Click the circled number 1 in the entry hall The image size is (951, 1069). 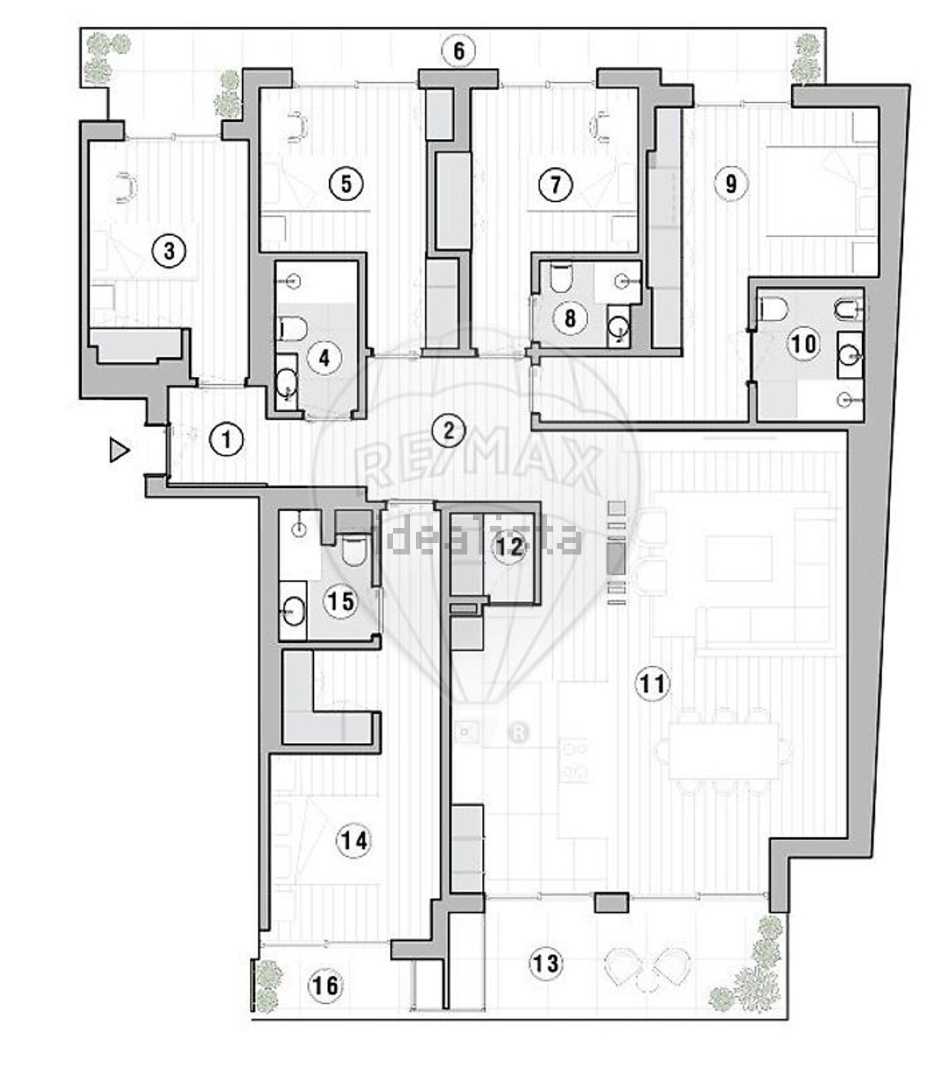click(x=226, y=438)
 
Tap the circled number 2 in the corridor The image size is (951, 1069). click(x=449, y=431)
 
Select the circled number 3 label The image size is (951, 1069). click(x=169, y=251)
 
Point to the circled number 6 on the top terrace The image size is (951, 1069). click(x=459, y=51)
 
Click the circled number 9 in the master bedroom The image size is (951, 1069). click(x=731, y=183)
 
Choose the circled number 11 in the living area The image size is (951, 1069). click(x=653, y=683)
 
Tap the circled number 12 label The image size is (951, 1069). click(x=510, y=547)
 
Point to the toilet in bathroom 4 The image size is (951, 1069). click(x=292, y=328)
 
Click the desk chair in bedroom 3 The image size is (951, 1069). click(x=127, y=188)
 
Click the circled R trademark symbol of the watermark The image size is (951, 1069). click(x=519, y=733)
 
